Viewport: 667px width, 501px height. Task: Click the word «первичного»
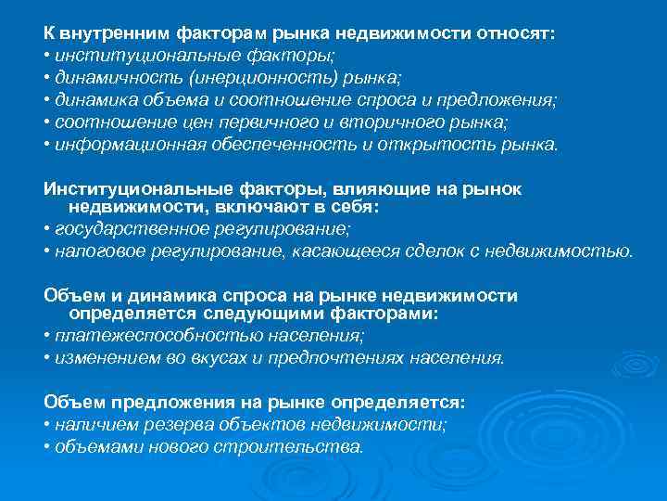(x=276, y=122)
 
